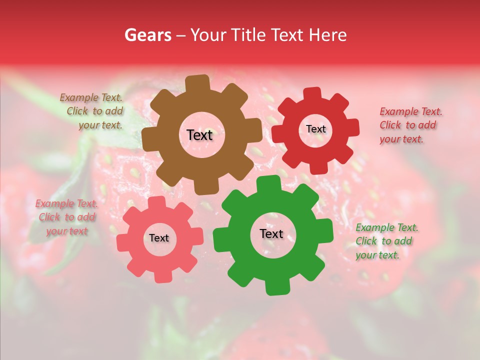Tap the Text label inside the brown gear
pyautogui.click(x=199, y=135)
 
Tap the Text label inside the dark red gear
pyautogui.click(x=315, y=129)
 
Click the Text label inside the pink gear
pyautogui.click(x=159, y=238)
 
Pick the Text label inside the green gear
pyautogui.click(x=271, y=234)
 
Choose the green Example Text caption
pyautogui.click(x=386, y=241)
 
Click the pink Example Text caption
pyautogui.click(x=66, y=217)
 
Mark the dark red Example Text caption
pyautogui.click(x=409, y=125)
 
